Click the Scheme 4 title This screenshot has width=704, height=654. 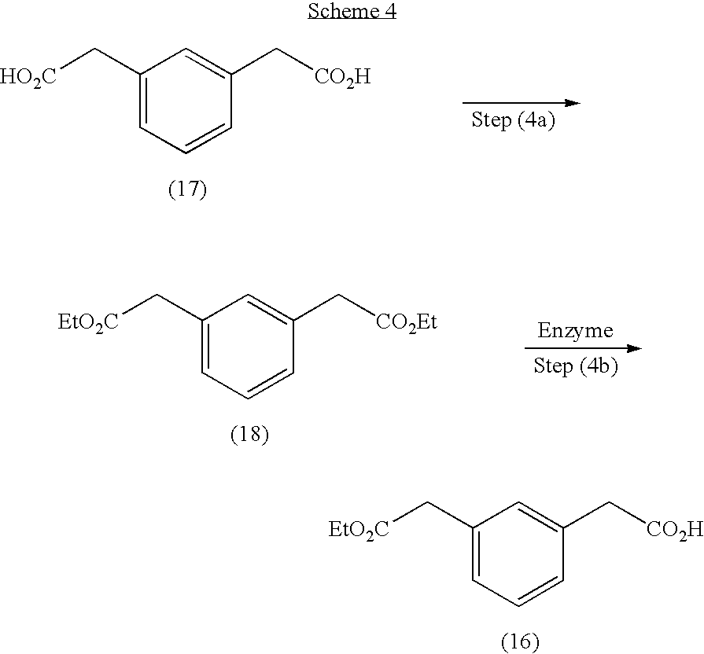pyautogui.click(x=352, y=11)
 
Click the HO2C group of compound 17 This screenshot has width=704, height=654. pyautogui.click(x=28, y=77)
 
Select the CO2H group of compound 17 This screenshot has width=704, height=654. pyautogui.click(x=343, y=77)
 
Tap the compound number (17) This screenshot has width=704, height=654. pyautogui.click(x=188, y=189)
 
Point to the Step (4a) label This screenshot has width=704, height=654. pyautogui.click(x=513, y=119)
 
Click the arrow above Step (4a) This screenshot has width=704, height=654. pyautogui.click(x=522, y=103)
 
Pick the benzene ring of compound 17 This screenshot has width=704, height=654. pyautogui.click(x=186, y=101)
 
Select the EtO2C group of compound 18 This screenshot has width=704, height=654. pyautogui.click(x=88, y=322)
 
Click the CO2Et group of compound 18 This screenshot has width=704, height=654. pyautogui.click(x=407, y=322)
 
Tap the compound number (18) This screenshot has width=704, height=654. pyautogui.click(x=249, y=434)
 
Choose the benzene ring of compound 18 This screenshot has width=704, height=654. pyautogui.click(x=248, y=347)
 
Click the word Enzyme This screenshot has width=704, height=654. pyautogui.click(x=576, y=331)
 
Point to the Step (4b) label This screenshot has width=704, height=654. pyautogui.click(x=576, y=366)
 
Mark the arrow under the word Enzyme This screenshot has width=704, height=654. pyautogui.click(x=583, y=348)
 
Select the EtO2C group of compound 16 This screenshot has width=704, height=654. pyautogui.click(x=359, y=529)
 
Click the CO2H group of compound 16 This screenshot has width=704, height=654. pyautogui.click(x=675, y=529)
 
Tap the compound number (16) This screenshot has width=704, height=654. pyautogui.click(x=520, y=641)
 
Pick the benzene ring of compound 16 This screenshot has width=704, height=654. pyautogui.click(x=518, y=554)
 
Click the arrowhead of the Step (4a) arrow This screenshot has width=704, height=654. pyautogui.click(x=573, y=103)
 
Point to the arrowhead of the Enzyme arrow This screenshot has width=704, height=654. pyautogui.click(x=635, y=348)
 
